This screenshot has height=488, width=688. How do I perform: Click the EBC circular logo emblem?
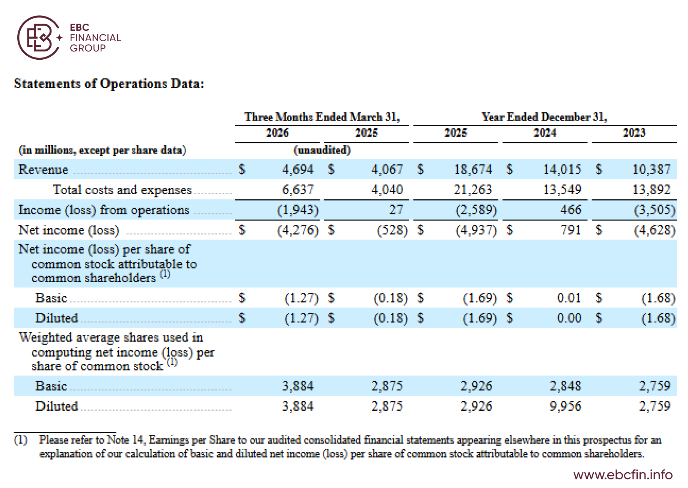point(39,38)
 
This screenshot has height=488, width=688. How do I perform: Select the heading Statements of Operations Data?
point(109,83)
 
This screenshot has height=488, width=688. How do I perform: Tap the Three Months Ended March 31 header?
point(322,117)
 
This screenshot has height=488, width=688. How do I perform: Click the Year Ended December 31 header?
point(545,117)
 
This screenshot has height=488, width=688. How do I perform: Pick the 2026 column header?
point(277,133)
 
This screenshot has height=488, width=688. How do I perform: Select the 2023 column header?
point(634,133)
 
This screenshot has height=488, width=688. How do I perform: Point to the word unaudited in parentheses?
point(322,150)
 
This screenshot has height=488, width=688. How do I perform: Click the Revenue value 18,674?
point(473,169)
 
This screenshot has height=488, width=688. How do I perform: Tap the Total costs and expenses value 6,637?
point(298,190)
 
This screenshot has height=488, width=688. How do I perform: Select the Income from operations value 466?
point(571,209)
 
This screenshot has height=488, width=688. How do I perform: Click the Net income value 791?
point(571,230)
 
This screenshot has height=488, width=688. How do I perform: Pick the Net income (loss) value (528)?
point(392,230)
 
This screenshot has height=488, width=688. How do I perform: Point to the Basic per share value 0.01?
point(569,298)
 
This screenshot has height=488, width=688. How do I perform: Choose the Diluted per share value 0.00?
point(569,318)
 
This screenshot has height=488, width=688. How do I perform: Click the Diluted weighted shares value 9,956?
point(566,406)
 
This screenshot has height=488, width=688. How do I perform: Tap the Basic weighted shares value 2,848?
point(566,386)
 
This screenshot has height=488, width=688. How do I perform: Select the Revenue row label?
point(43,169)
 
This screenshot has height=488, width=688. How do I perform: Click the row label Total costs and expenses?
point(122,190)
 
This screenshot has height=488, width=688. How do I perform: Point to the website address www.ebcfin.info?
point(623,475)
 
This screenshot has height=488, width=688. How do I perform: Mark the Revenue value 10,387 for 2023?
point(652,169)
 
